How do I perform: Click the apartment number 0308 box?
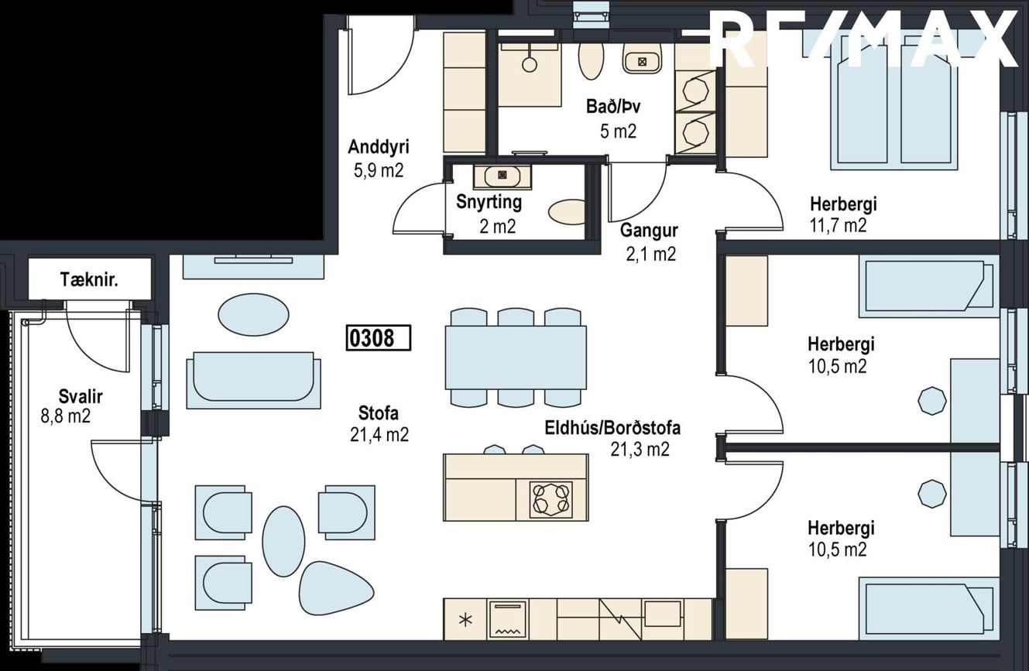point(378,338)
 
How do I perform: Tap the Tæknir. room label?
point(89,279)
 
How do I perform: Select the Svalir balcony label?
point(81,396)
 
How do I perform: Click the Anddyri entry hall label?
point(379,147)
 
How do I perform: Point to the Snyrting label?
point(489,202)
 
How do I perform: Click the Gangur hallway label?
point(649,231)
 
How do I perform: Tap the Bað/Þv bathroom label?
point(612,107)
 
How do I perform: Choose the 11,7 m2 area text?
point(838,225)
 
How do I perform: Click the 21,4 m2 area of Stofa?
point(379,434)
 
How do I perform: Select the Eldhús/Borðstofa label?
point(612,428)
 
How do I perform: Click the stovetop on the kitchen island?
point(551,498)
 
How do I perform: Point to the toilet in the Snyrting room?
point(567,212)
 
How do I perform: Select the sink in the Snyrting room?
point(502,176)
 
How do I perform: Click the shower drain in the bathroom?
point(529,64)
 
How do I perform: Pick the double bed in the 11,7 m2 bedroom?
point(893,102)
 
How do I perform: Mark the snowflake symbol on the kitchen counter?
point(465,621)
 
